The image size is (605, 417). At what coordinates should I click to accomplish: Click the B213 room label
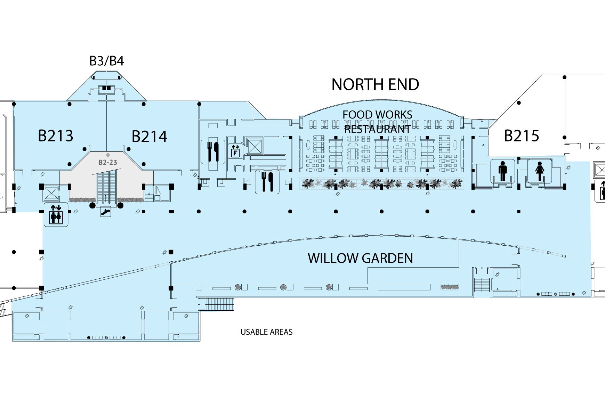point(56,136)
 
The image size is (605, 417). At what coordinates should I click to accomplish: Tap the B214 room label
point(150,137)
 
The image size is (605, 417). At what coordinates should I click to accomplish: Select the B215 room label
point(522,136)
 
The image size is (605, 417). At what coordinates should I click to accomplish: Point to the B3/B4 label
point(107,61)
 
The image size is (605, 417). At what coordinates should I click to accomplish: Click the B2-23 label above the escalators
point(108,162)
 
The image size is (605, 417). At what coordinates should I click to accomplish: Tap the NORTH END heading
point(375,84)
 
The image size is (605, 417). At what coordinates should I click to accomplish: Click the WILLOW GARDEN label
point(360,258)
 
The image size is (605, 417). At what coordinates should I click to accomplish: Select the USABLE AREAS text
point(267,332)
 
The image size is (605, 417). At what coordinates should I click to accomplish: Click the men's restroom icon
point(503,171)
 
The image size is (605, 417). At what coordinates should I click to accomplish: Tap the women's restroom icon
point(540,171)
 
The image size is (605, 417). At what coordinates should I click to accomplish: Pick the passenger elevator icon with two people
point(56,214)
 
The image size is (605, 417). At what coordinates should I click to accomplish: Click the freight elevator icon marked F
point(235,151)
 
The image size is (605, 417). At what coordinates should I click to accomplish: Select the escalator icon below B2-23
point(106,211)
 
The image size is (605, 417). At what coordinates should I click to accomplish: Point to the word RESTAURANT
point(378,129)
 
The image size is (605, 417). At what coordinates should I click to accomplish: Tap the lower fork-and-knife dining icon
point(267,181)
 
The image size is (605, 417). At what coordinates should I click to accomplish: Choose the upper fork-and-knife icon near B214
point(213,152)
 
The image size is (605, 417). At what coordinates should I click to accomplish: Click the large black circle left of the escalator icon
point(92,205)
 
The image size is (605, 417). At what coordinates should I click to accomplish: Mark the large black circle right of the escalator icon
point(120,205)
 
